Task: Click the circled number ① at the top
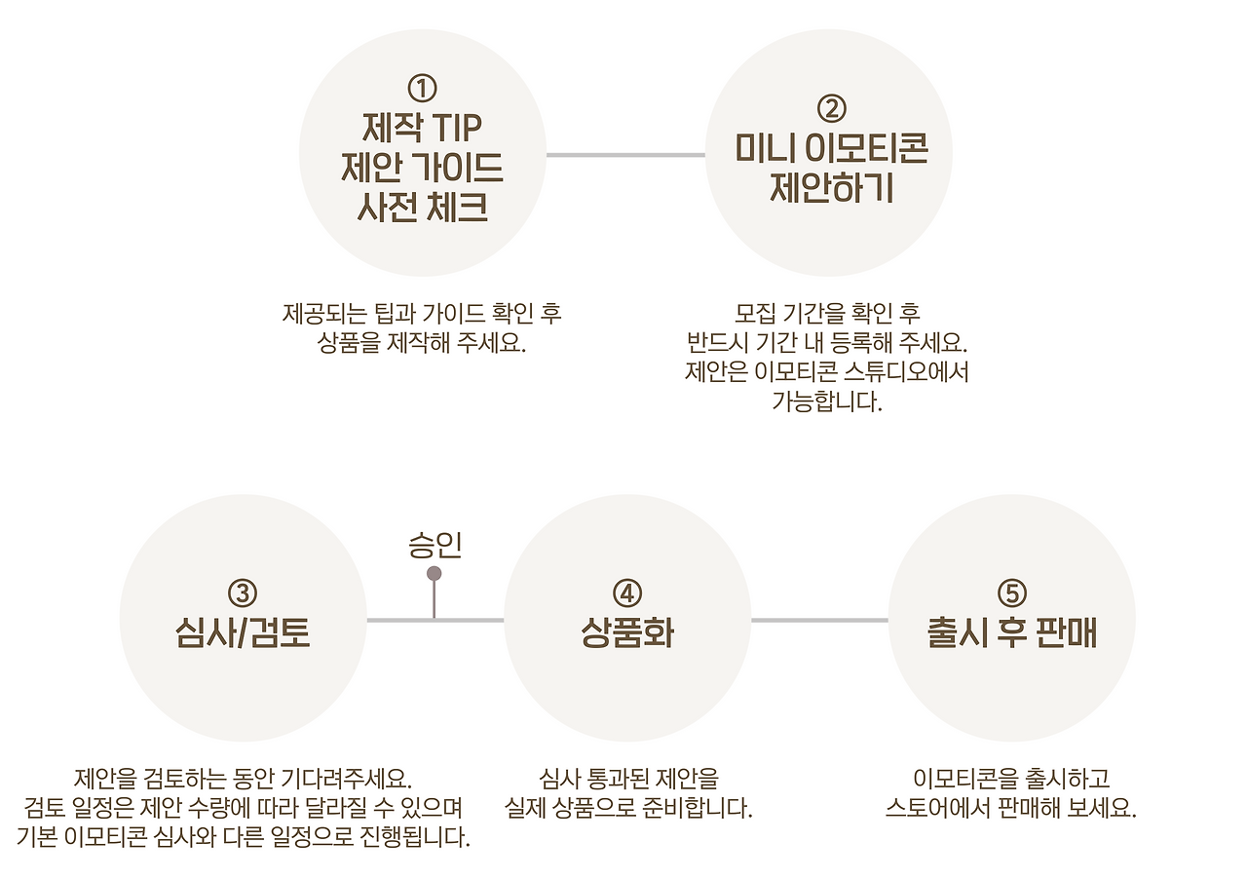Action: (422, 89)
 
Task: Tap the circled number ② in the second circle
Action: (830, 106)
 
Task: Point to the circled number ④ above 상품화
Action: (627, 593)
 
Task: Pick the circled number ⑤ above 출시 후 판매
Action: (1012, 593)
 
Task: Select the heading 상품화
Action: (627, 632)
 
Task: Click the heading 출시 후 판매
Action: (1012, 632)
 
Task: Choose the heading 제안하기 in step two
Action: (830, 187)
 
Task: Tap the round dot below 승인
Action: (435, 574)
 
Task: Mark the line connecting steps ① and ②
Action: (624, 155)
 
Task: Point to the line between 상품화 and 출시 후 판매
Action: (819, 620)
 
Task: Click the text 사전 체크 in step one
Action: (422, 208)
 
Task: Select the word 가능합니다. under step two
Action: (827, 402)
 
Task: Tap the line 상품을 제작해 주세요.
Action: (422, 344)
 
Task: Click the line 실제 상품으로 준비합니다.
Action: (628, 809)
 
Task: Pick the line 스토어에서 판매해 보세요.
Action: (1012, 809)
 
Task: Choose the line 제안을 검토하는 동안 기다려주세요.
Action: (243, 780)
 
